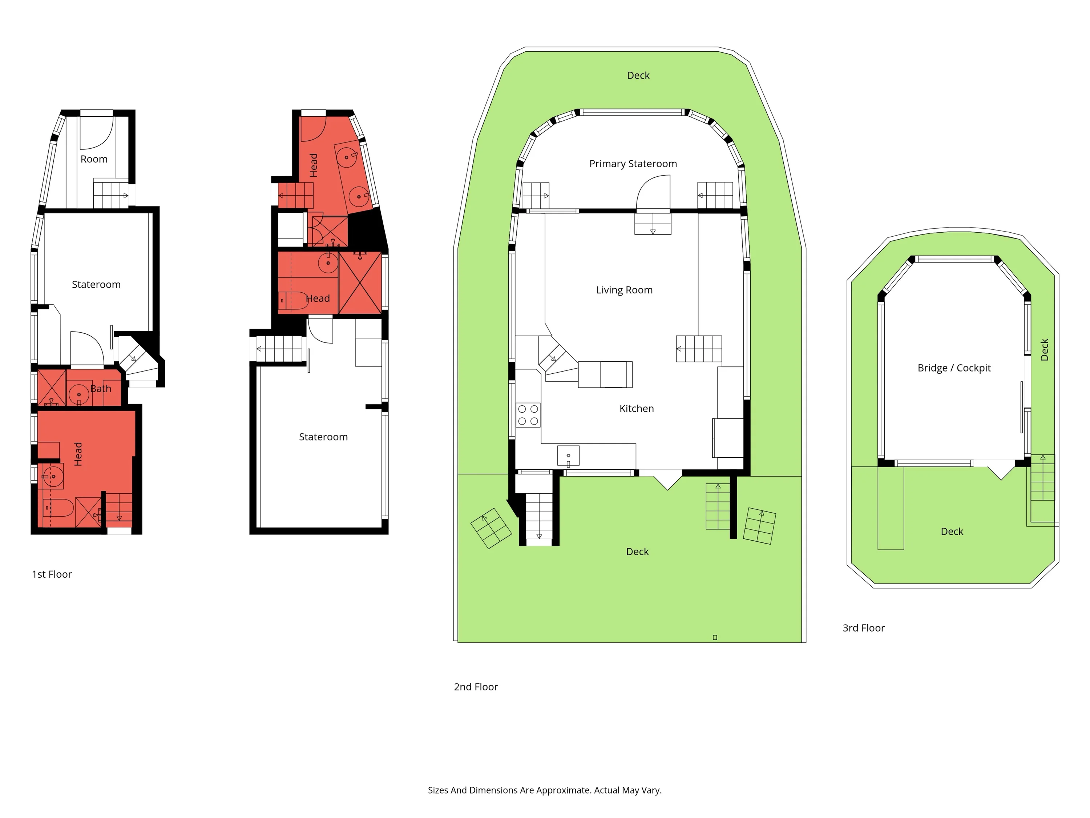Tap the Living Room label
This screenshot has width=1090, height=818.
(624, 290)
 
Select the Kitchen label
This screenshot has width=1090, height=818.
(636, 408)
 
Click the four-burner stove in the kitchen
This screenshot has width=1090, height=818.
(528, 415)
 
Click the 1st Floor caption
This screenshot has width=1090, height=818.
(52, 574)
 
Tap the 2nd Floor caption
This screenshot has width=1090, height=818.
(476, 687)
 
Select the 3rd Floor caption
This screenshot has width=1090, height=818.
(863, 627)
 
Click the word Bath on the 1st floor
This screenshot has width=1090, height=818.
(101, 389)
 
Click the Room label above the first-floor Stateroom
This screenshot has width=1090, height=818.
(94, 159)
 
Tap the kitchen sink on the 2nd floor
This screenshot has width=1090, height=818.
(568, 456)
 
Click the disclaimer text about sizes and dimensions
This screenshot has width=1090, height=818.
(545, 790)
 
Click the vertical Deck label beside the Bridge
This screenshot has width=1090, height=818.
(1044, 350)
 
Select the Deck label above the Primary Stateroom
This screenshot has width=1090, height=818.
(638, 76)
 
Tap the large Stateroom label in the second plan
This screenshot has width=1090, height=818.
(323, 437)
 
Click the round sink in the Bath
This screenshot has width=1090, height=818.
(78, 394)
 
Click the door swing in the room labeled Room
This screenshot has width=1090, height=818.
(97, 132)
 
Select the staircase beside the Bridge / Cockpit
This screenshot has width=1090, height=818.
(1042, 478)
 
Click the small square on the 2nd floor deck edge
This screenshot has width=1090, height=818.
(715, 638)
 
